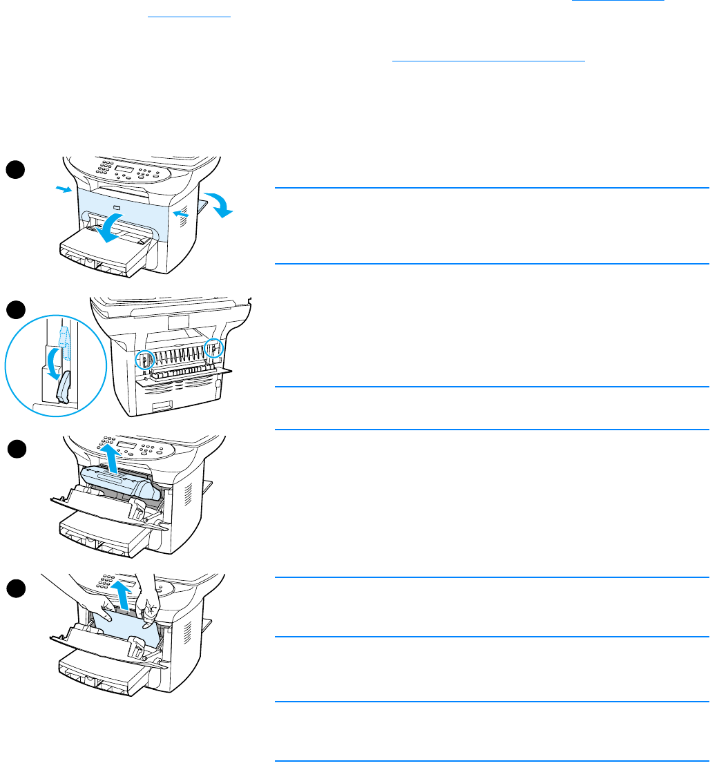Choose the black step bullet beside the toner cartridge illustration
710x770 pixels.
pyautogui.click(x=17, y=450)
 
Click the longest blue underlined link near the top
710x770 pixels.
pyautogui.click(x=488, y=61)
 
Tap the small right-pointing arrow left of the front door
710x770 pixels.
pyautogui.click(x=63, y=189)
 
